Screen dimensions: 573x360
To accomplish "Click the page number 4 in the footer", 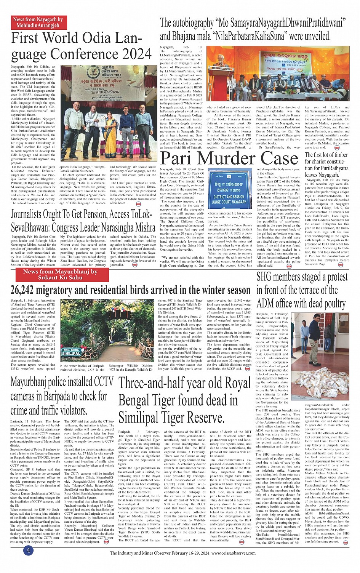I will point(28,550).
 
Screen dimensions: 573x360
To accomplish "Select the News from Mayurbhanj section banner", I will point(60,274).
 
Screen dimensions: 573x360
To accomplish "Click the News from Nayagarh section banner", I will point(38,22).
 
